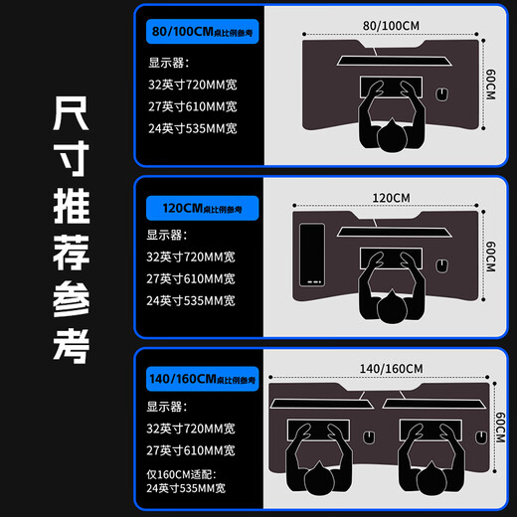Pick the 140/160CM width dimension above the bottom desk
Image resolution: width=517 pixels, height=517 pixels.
tap(385, 368)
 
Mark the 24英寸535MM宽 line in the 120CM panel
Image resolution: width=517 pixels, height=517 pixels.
tap(192, 300)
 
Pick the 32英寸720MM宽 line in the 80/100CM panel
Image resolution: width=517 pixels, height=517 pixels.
tap(192, 85)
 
